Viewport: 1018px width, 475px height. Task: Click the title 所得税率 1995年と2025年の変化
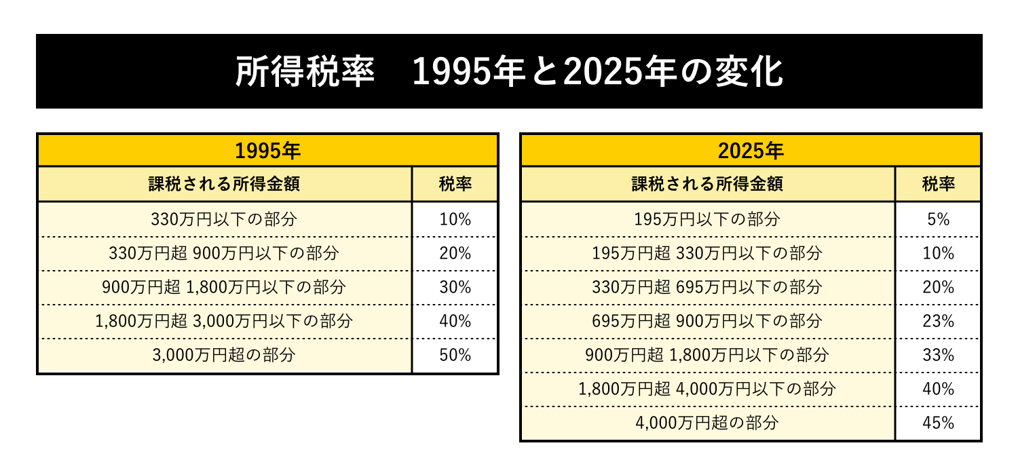click(x=509, y=72)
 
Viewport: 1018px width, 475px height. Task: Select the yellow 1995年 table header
click(x=267, y=151)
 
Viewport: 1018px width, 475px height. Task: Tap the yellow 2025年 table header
click(x=751, y=151)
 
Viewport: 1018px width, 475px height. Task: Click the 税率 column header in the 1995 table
click(x=455, y=184)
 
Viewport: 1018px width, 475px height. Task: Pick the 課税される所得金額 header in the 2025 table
click(x=707, y=184)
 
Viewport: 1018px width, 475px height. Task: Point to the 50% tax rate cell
click(x=455, y=355)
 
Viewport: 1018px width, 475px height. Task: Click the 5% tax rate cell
click(x=938, y=219)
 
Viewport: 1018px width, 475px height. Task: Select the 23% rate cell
click(x=938, y=321)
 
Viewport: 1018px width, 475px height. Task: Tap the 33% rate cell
click(x=938, y=355)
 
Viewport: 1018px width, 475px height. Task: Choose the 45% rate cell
click(x=938, y=423)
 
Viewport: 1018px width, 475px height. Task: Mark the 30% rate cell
click(x=455, y=287)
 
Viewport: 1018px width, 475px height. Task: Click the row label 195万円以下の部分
click(x=707, y=219)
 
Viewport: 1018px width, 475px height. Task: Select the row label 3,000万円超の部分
click(x=224, y=355)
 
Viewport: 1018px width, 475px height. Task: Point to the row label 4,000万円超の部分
click(x=707, y=423)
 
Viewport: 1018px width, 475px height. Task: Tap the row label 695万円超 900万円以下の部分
click(x=707, y=321)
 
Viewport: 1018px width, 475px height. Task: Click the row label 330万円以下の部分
click(x=224, y=219)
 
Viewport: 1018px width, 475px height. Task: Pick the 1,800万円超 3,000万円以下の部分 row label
click(x=224, y=321)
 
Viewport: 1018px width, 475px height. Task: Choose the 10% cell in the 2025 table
click(x=938, y=253)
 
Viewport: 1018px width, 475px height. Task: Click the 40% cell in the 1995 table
click(x=455, y=321)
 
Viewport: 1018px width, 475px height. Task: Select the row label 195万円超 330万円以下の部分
click(x=707, y=253)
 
